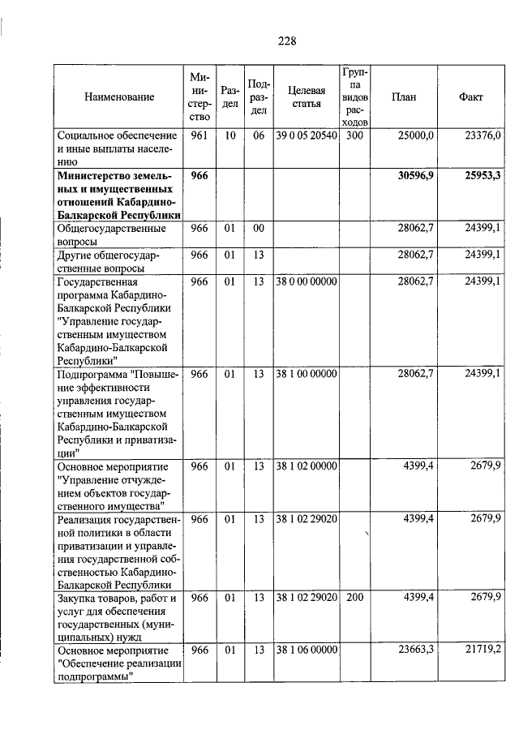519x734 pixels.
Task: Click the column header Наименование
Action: coord(118,97)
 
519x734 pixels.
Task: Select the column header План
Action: coord(404,97)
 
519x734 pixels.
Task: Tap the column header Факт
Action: coord(470,97)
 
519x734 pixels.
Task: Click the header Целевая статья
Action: coord(306,97)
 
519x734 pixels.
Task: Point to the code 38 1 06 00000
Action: coord(306,650)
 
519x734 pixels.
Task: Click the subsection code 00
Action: coord(258,229)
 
